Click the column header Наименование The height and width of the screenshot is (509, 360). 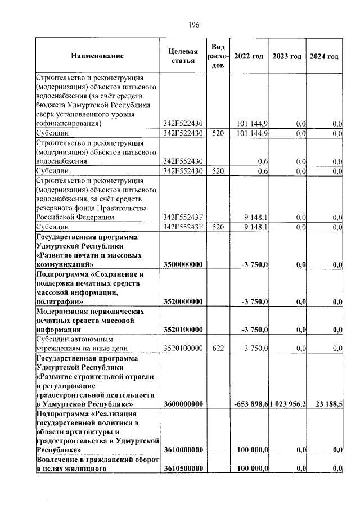pos(97,56)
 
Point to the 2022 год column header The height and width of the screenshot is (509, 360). pos(249,57)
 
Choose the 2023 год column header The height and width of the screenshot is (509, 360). pos(287,57)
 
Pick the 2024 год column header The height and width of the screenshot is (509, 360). pos(324,57)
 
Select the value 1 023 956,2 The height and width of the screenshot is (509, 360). pos(288,404)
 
